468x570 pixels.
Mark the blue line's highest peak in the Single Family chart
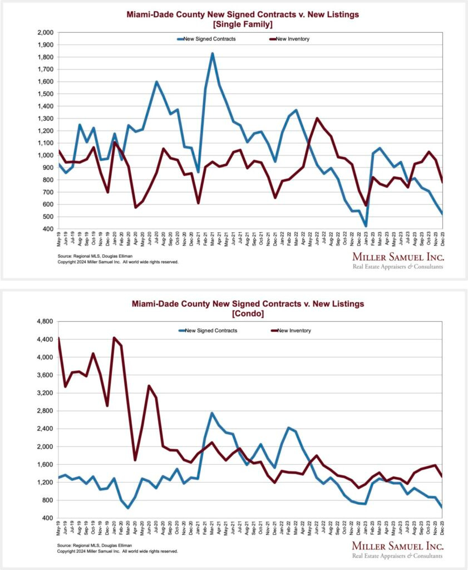[x=212, y=54]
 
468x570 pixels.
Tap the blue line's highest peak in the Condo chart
[x=212, y=413]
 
